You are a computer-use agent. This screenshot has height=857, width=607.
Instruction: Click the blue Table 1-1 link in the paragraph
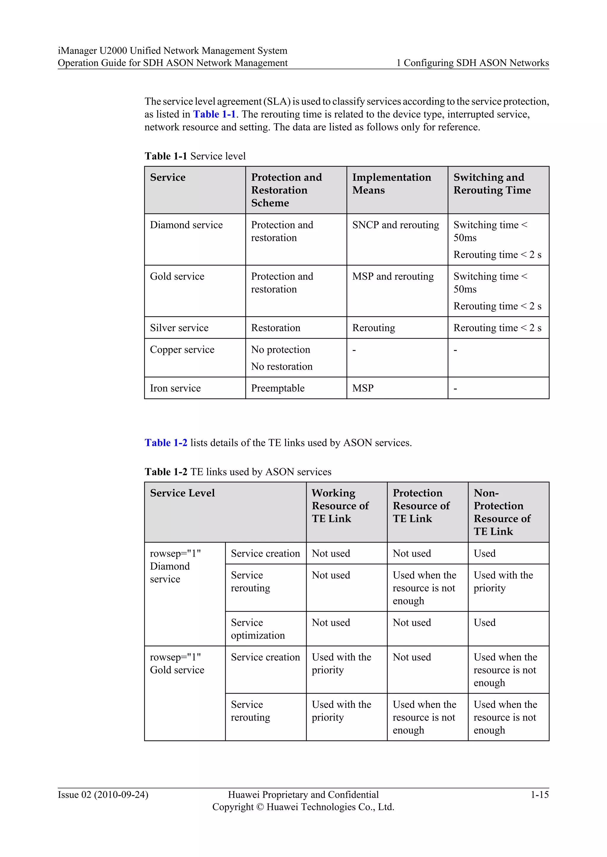pos(214,114)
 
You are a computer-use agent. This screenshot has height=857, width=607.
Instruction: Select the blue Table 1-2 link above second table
pos(166,443)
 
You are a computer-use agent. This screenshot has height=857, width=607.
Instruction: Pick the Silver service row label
pos(179,328)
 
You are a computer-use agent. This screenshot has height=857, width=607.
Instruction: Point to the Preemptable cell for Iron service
pos(278,388)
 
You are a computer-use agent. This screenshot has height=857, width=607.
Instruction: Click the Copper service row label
pos(182,349)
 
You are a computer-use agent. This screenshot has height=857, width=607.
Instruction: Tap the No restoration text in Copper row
pos(282,367)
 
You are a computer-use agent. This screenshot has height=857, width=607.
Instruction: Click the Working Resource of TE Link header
pos(340,505)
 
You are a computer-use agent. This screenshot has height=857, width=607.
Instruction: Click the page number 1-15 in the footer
pos(539,794)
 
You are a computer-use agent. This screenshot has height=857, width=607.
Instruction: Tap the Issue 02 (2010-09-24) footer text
pos(103,794)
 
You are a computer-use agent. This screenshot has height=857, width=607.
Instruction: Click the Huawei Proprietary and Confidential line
pos(303,794)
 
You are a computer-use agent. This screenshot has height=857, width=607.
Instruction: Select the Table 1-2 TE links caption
pos(238,472)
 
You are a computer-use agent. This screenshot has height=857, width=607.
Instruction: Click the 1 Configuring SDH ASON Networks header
pos(472,63)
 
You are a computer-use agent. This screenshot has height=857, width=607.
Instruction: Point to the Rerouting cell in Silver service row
pos(373,328)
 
